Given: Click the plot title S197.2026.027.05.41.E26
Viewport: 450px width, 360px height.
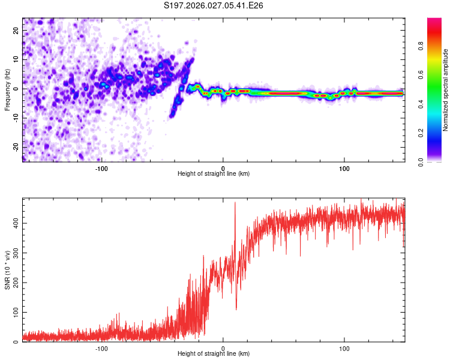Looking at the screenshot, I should (x=214, y=6).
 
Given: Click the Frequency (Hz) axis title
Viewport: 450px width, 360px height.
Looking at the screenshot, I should (x=7, y=89).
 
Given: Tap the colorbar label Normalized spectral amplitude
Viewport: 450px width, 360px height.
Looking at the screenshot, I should (x=446, y=90).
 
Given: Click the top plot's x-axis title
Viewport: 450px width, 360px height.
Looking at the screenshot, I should (x=214, y=173).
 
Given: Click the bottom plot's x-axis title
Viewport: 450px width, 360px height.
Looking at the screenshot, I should (x=214, y=354).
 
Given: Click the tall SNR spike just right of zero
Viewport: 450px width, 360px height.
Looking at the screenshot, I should (x=235, y=204).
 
